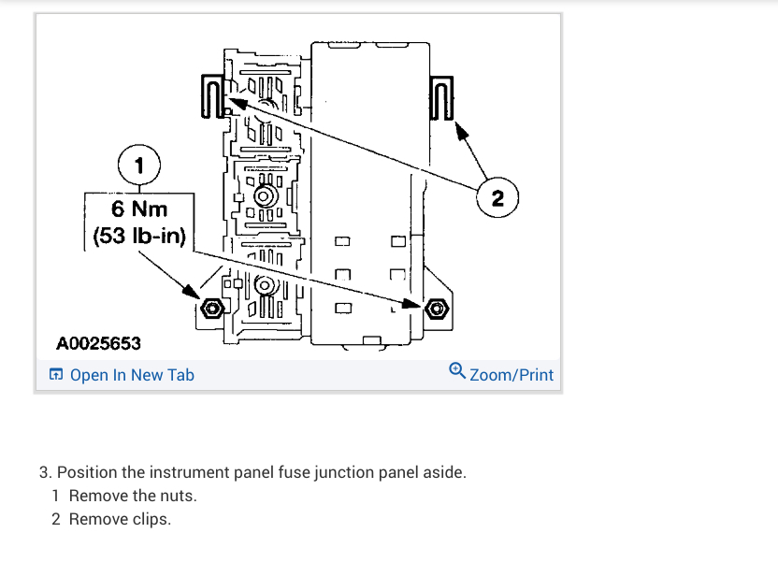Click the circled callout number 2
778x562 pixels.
(x=497, y=198)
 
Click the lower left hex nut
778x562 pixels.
(x=212, y=308)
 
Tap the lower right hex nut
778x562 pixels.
(x=433, y=309)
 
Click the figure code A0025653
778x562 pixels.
(x=98, y=343)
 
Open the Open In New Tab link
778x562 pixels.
(x=132, y=375)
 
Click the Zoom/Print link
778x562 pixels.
(x=511, y=375)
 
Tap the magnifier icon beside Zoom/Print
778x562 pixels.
(x=456, y=371)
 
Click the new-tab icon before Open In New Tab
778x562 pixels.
(x=56, y=375)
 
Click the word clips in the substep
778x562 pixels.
(x=151, y=519)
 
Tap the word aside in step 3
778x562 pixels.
(x=441, y=472)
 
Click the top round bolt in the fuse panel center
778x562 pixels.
(x=265, y=195)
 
